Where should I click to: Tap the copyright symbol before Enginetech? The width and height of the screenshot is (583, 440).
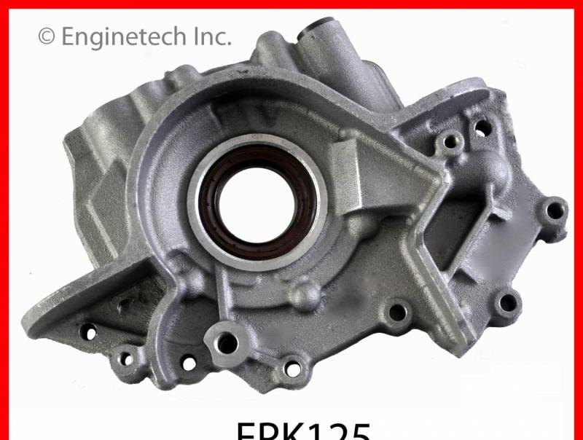coord(46,36)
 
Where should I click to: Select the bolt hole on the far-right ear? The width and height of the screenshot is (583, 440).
coord(555,211)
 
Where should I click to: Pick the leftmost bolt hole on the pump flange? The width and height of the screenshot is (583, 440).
coord(90,332)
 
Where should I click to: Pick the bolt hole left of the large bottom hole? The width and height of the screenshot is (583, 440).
coord(188,362)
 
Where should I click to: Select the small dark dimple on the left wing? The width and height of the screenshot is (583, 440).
coord(125,307)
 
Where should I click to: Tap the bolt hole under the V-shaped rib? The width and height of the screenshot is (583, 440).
coord(398,313)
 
